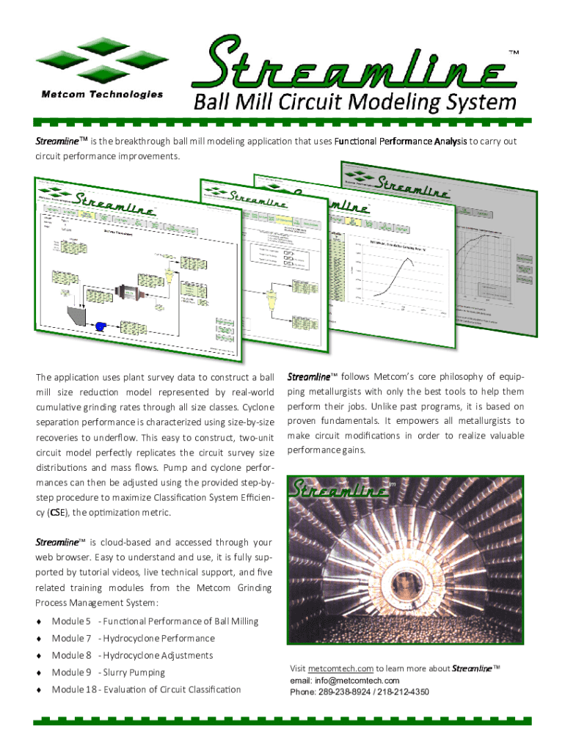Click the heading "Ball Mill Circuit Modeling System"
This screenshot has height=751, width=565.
click(x=354, y=102)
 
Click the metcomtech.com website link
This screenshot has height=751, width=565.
click(x=341, y=669)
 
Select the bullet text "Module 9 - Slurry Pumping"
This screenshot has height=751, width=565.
click(x=108, y=673)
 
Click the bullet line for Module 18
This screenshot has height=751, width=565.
click(x=145, y=689)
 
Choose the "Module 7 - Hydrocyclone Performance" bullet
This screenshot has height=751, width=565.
click(x=133, y=639)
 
